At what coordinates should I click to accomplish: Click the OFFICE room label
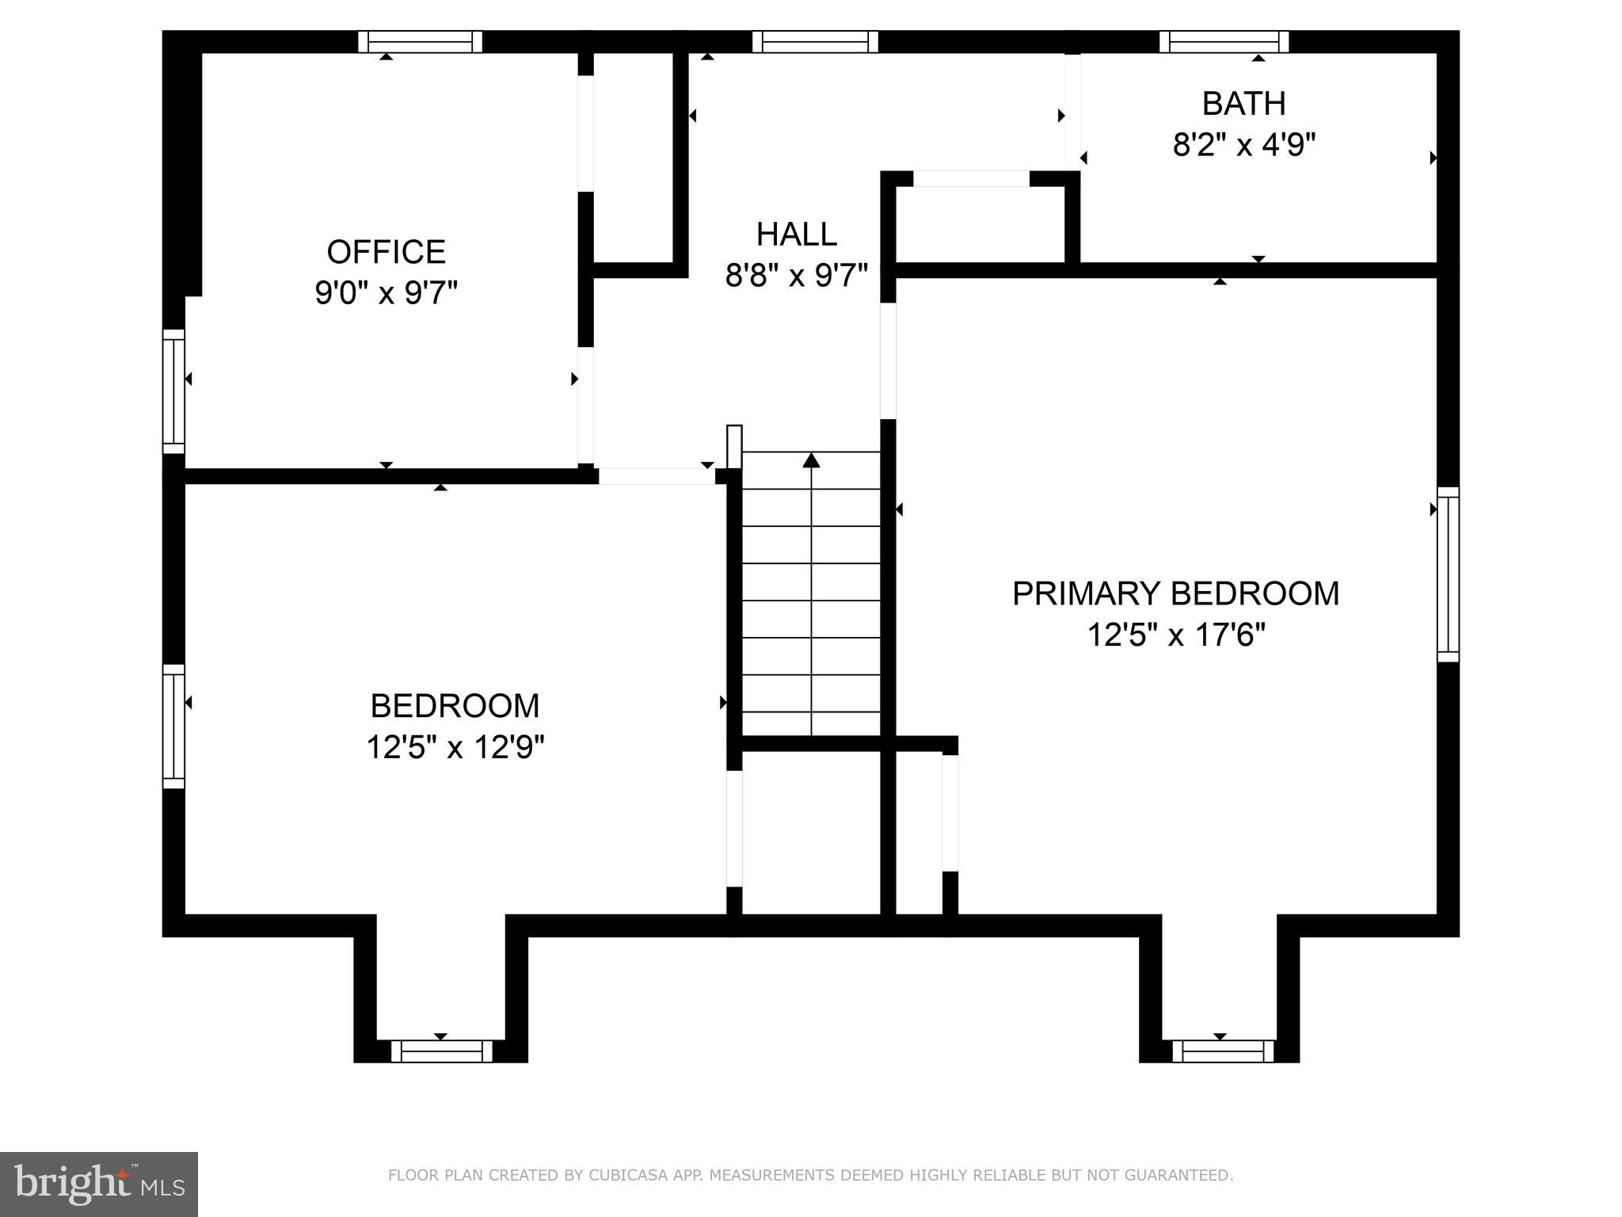[386, 252]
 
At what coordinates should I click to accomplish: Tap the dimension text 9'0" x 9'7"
[386, 294]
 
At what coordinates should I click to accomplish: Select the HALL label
[796, 235]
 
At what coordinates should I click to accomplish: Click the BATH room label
[1243, 104]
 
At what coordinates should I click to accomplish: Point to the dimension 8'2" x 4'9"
[1243, 145]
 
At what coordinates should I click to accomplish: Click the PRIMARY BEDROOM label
[1175, 594]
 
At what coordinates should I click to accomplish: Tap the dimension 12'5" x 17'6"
[1175, 635]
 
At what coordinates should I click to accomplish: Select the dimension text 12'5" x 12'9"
[455, 747]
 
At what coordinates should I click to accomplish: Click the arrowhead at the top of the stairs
[811, 460]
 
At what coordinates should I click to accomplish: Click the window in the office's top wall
[420, 41]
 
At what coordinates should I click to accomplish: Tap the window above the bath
[1224, 41]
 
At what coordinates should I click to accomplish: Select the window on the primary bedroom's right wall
[1448, 574]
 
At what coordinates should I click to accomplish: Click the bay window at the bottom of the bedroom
[441, 1051]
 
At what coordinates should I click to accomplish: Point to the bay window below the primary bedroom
[1222, 1051]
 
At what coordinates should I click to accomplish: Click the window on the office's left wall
[173, 391]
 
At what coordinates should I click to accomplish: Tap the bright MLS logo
[98, 1184]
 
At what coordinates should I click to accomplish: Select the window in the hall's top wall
[815, 41]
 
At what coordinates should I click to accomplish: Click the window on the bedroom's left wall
[173, 727]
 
